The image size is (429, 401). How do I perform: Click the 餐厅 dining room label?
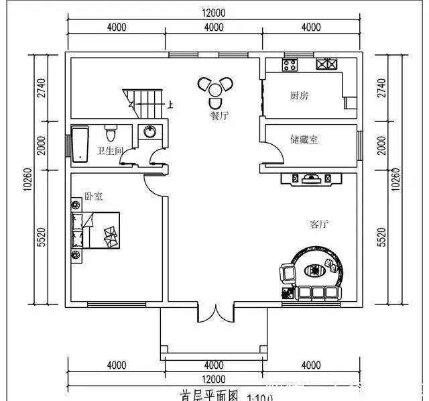pos(219,115)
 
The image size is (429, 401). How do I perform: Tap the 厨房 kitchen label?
pos(299,96)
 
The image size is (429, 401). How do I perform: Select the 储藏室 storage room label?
pos(304,139)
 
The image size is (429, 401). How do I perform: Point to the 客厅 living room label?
pos(319,224)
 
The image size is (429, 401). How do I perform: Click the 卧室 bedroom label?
pos(93,196)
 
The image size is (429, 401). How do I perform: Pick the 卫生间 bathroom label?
pos(109,151)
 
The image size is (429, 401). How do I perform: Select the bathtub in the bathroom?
pos(80,143)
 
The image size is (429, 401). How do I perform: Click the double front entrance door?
pos(214,312)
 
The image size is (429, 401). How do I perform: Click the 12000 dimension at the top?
pos(214,12)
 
